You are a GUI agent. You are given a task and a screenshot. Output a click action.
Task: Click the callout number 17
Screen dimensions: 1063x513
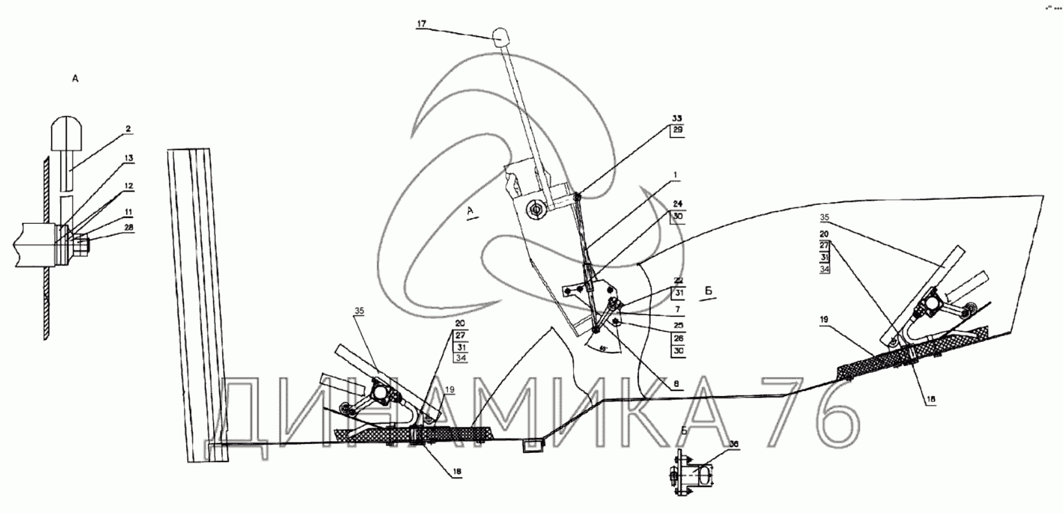[421, 23]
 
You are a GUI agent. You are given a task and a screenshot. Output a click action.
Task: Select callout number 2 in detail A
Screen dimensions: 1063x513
[128, 129]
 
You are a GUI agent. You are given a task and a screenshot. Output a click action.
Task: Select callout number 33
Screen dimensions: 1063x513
[677, 118]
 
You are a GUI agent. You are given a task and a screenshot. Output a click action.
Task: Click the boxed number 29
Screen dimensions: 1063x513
[677, 131]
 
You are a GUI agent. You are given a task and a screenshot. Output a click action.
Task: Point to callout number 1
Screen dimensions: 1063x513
[676, 175]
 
